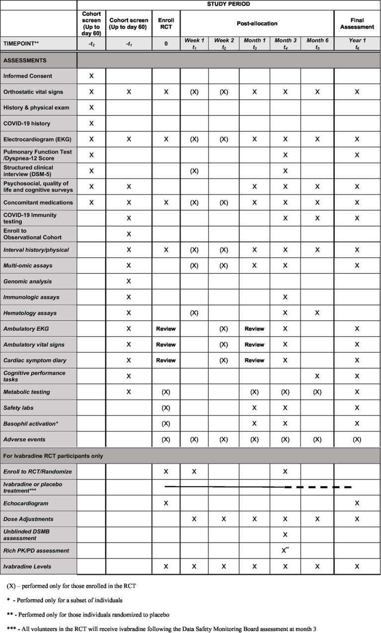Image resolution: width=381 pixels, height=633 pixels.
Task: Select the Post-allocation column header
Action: pos(257,23)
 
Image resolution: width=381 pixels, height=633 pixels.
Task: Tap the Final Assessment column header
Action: pos(357,23)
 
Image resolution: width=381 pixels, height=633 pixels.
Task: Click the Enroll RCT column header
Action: pos(166,23)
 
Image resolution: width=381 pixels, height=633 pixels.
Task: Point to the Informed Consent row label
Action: pos(28,76)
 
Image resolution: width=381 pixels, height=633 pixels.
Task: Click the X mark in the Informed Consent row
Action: pos(91,76)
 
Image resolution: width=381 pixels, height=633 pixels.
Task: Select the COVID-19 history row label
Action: pos(26,124)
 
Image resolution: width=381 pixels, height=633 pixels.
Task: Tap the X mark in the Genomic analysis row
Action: pos(129,281)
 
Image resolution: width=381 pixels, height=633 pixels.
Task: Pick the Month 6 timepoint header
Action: pos(317,43)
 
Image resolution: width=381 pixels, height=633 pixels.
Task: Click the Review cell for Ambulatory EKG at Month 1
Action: pos(254,329)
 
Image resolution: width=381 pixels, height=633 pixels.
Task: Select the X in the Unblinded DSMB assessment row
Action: pos(285,535)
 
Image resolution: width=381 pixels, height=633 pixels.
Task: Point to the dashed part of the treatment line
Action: pos(318,487)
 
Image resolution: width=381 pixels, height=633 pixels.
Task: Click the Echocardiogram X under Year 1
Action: pos(357,503)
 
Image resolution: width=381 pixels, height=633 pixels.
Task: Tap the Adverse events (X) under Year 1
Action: pos(357,439)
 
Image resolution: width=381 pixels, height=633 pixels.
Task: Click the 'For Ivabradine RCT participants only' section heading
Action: pos(54,456)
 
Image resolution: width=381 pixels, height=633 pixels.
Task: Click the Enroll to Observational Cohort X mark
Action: pos(129,233)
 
